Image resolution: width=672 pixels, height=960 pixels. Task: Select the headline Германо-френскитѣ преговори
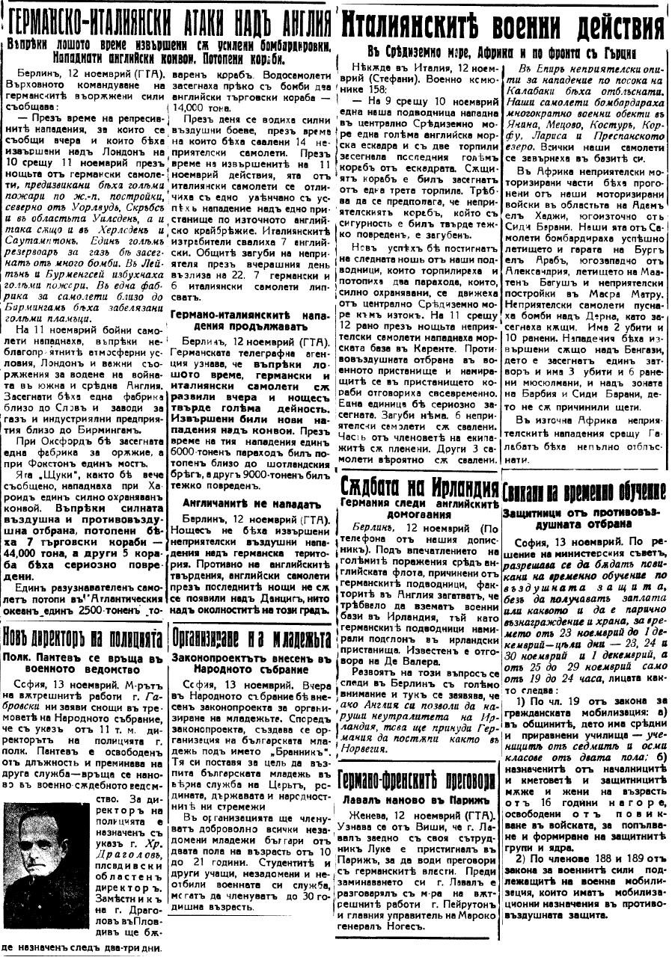416,779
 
